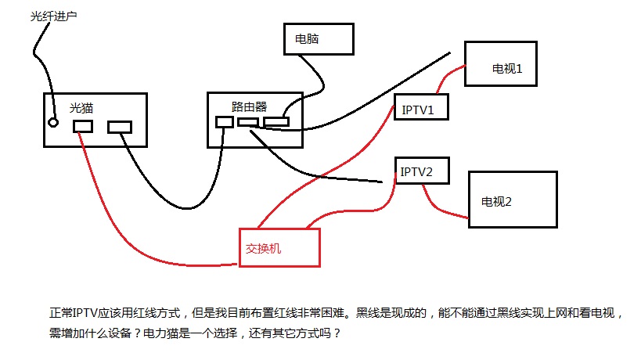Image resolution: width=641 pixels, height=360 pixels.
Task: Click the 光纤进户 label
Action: [x=54, y=16]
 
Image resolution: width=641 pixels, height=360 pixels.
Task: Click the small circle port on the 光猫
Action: [x=53, y=122]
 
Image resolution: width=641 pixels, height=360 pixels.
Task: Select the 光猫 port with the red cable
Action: [x=83, y=126]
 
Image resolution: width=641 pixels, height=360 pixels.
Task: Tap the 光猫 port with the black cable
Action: [x=120, y=127]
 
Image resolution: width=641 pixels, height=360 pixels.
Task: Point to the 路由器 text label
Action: [x=249, y=106]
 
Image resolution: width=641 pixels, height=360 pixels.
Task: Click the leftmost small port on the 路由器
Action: [x=225, y=122]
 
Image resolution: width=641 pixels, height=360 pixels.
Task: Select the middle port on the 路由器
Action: [x=248, y=122]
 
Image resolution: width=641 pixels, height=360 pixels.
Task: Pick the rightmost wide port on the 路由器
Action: [x=276, y=122]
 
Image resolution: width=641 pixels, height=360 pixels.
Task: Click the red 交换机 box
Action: [x=279, y=247]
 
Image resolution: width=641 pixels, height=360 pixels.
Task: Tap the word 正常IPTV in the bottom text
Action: [x=75, y=313]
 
